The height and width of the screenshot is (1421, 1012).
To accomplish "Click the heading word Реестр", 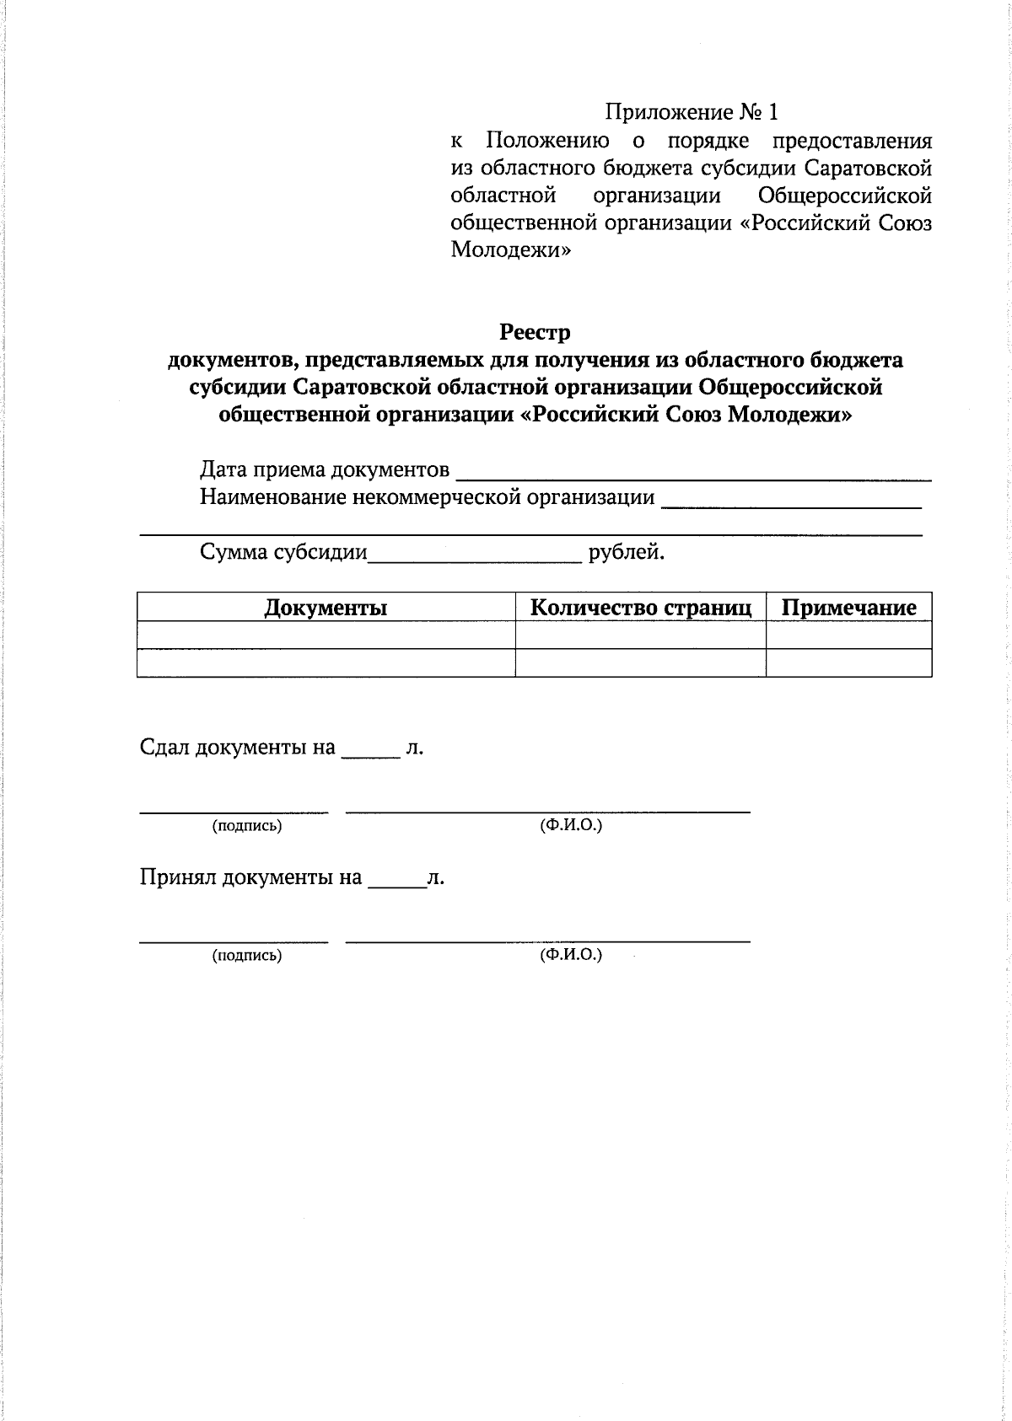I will coord(535,332).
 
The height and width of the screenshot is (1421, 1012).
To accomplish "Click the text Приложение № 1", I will coord(691,112).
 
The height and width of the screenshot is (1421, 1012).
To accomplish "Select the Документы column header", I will coord(326,608).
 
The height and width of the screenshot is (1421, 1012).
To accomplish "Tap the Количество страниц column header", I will coord(640,608).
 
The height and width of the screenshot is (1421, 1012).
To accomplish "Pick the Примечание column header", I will coord(848,608).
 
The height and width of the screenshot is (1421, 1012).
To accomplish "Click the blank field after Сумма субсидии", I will coord(475,556).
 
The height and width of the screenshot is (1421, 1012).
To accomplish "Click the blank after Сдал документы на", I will coord(370,753).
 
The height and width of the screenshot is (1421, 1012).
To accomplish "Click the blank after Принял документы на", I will coord(397,882).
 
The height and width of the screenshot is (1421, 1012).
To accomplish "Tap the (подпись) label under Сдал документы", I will coord(247,826).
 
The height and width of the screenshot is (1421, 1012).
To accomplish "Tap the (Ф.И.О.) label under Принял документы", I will coord(571,955).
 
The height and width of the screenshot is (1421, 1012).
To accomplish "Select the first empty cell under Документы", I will coord(326,635).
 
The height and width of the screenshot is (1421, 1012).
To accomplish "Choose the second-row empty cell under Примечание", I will coord(848,662).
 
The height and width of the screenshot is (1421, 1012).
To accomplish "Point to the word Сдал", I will coord(164,748).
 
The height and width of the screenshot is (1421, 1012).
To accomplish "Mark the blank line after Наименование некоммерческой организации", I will coord(791,503).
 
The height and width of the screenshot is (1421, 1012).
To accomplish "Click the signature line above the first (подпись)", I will coord(234,811).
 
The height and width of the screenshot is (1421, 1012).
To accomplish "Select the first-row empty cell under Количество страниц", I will coord(640,635).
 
